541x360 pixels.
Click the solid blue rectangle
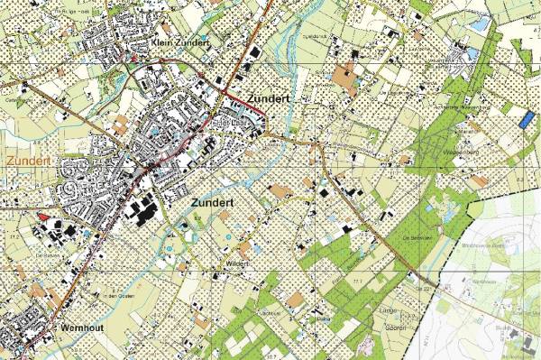(x=527, y=117)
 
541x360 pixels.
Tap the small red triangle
(x=41, y=216)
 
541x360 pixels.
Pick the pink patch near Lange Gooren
(x=365, y=346)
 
